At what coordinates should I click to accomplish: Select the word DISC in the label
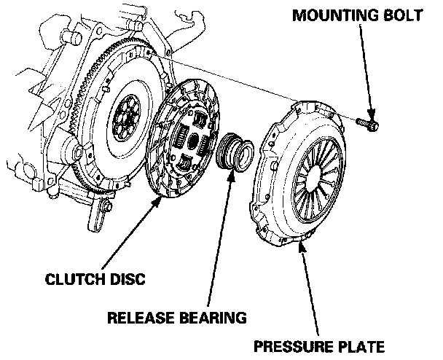click(128, 278)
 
